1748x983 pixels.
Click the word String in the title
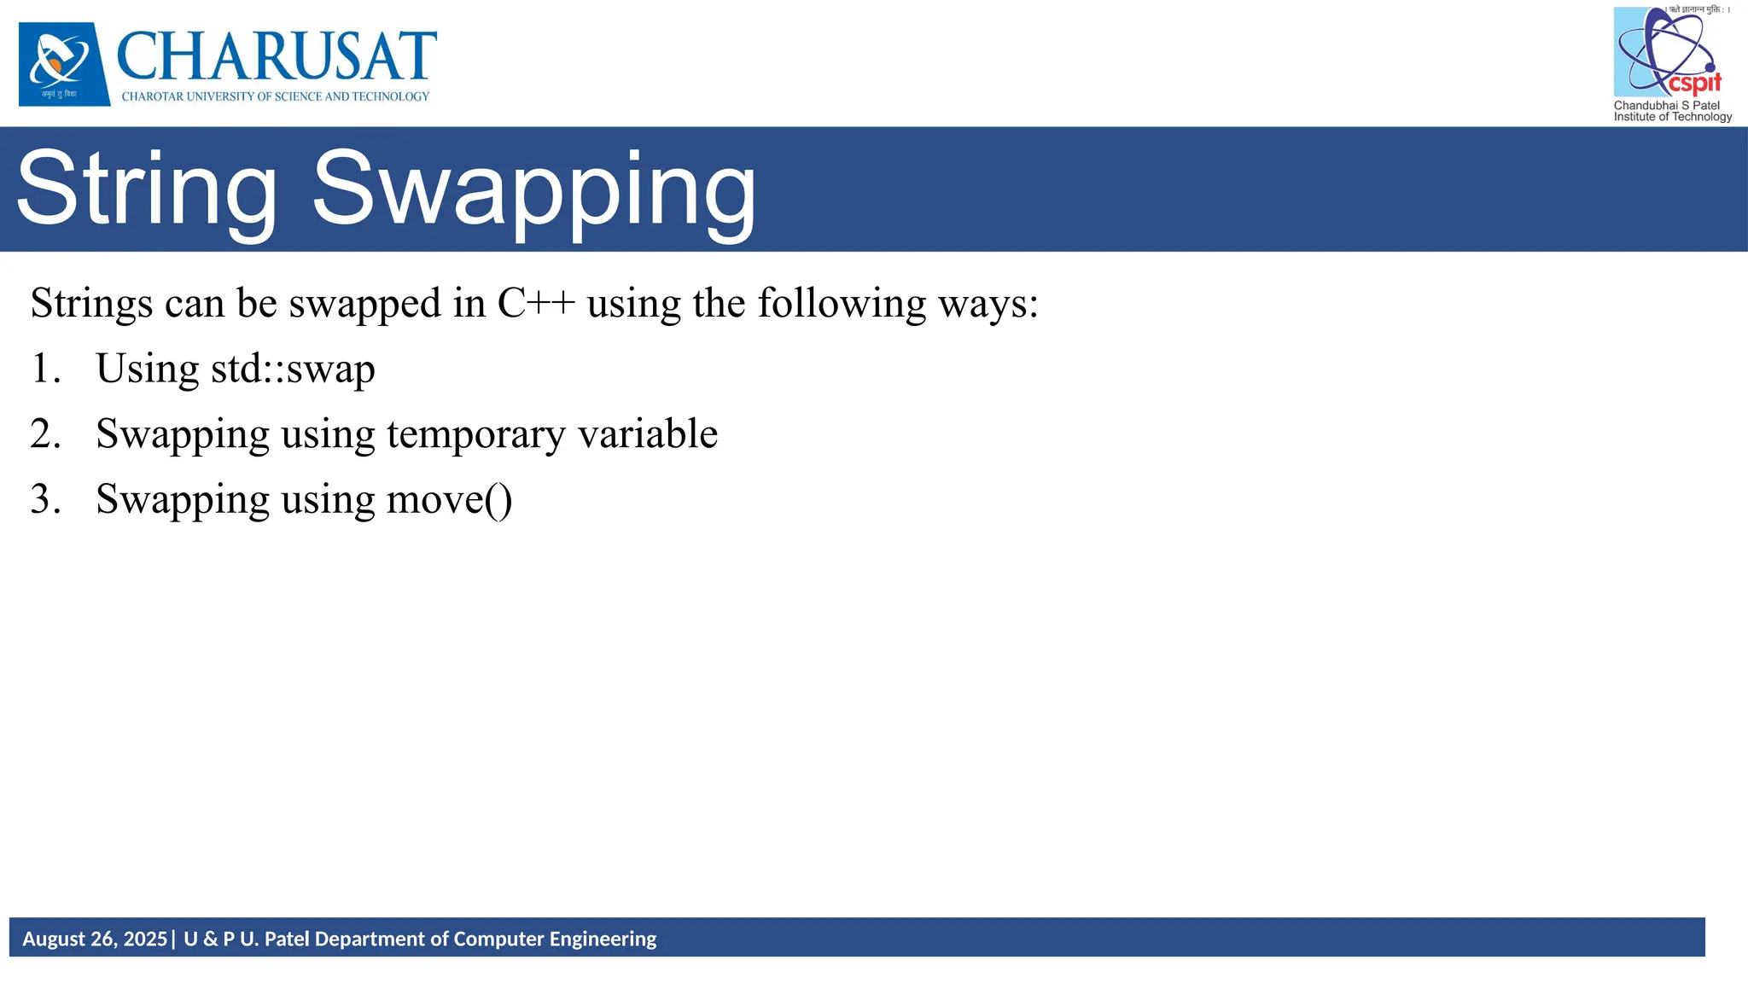coord(147,188)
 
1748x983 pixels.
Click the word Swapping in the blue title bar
coord(534,189)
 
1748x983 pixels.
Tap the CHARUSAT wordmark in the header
coord(276,56)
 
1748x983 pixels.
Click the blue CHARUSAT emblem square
coord(64,64)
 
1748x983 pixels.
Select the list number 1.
coord(45,369)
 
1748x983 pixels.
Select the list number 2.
coord(45,434)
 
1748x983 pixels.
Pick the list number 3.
coord(45,500)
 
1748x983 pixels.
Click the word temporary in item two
coord(475,435)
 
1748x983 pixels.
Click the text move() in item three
coord(449,500)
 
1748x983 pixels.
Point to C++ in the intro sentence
coord(536,304)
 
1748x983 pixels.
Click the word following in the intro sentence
coord(842,304)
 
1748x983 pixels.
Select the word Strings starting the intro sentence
coord(91,304)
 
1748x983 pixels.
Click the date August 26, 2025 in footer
coord(95,939)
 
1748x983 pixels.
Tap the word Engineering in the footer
coord(603,939)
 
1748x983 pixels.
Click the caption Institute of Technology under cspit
coord(1672,117)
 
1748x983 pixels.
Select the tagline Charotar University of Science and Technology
coord(276,96)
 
